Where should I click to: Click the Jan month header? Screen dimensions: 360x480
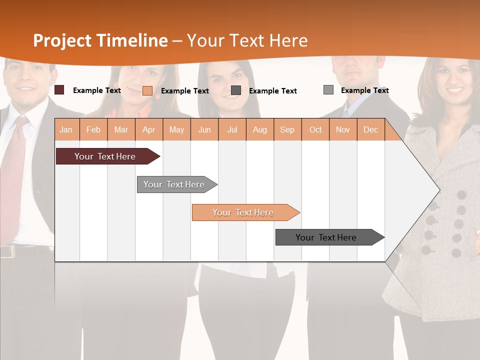click(x=66, y=129)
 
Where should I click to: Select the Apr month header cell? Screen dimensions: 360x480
click(x=149, y=129)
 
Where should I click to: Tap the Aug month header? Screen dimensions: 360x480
click(x=260, y=129)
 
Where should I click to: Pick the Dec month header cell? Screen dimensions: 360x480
click(x=371, y=129)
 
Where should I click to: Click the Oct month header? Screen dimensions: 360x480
click(x=315, y=129)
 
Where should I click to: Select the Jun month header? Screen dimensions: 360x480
click(x=204, y=129)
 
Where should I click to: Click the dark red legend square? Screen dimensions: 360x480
click(x=59, y=90)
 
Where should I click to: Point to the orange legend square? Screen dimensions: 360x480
click(x=147, y=90)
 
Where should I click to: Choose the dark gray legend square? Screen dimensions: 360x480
click(x=236, y=90)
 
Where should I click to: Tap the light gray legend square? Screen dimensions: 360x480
click(x=328, y=90)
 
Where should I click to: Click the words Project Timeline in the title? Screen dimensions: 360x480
click(x=100, y=40)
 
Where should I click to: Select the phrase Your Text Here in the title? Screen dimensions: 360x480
click(x=248, y=40)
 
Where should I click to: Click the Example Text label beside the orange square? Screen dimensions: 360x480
click(x=184, y=91)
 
